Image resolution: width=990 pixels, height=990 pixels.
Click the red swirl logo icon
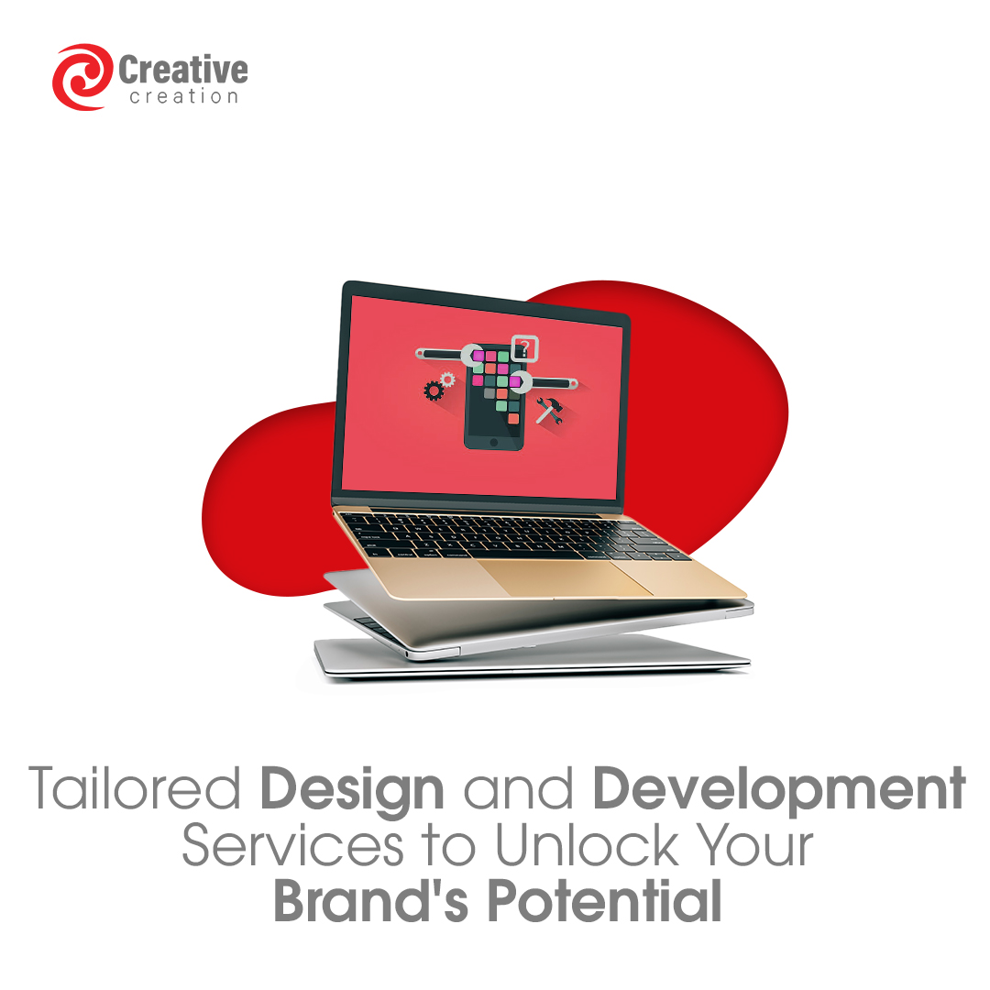tap(82, 77)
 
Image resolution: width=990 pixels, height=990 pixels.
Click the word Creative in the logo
tap(183, 70)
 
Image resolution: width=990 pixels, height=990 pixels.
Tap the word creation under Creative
tap(183, 96)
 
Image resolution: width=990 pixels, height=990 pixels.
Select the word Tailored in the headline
tap(137, 790)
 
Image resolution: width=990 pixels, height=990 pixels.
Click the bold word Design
tap(352, 790)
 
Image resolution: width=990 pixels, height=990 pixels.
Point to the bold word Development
tap(778, 790)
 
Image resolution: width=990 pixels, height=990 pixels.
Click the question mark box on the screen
tap(524, 348)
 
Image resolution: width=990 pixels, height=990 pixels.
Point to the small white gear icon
tap(447, 378)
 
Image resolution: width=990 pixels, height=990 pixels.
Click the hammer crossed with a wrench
tap(549, 409)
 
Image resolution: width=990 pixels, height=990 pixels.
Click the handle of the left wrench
tap(440, 353)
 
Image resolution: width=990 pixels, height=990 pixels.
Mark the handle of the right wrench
tap(554, 381)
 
